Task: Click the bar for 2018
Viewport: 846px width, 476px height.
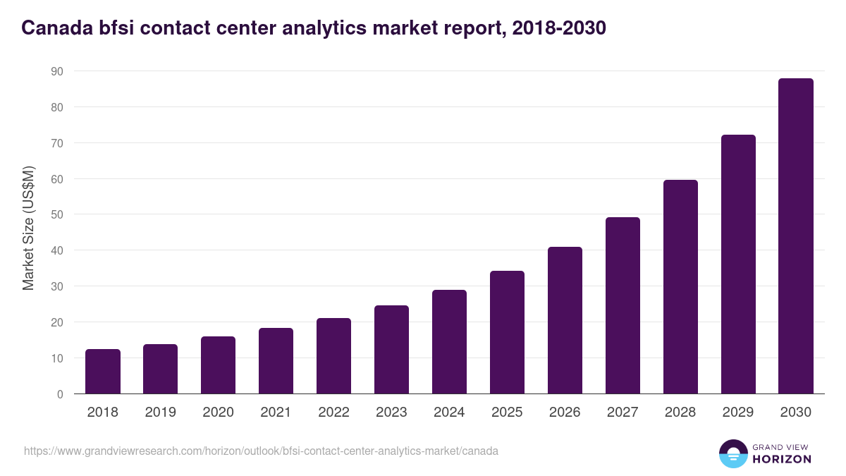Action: [103, 372]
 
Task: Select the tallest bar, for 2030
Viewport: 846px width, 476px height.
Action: [796, 236]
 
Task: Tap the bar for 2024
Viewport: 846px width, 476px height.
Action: [449, 342]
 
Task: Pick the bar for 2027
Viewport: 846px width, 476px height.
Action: [623, 305]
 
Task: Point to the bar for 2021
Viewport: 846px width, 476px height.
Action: [276, 361]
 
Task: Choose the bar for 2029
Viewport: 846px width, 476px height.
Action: [738, 264]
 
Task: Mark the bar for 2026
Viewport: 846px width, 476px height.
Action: [565, 320]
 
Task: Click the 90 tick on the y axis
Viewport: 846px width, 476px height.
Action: [56, 71]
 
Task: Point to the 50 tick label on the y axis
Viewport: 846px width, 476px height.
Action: [56, 214]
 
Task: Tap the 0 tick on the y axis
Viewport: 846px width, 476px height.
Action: [60, 394]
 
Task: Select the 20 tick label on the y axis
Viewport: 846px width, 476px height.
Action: [56, 322]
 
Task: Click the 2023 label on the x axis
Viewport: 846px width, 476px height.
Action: [391, 413]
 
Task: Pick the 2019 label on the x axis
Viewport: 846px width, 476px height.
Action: [160, 413]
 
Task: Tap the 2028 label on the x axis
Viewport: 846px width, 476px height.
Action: [680, 413]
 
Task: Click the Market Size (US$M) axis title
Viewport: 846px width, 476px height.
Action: [28, 228]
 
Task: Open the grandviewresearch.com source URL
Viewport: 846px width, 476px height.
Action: [261, 451]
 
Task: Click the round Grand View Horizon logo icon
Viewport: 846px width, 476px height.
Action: [733, 453]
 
